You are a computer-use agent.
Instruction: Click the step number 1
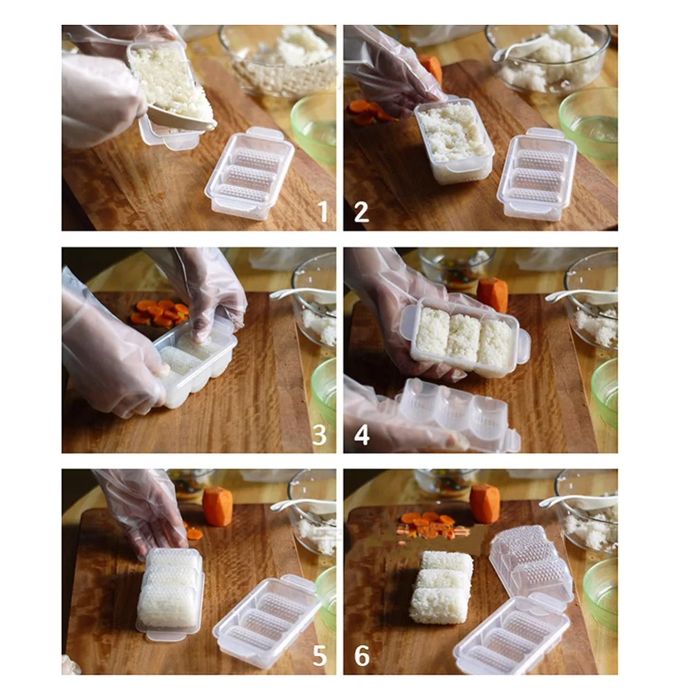[x=323, y=211]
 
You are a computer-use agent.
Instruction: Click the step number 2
[x=361, y=212]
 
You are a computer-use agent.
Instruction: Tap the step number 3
[x=319, y=435]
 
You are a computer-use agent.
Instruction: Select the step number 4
[x=361, y=435]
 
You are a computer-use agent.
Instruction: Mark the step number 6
[x=362, y=656]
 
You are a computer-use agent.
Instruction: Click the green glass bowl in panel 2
[x=589, y=124]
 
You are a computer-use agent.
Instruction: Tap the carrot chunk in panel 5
[x=217, y=507]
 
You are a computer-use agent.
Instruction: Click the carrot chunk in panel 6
[x=484, y=503]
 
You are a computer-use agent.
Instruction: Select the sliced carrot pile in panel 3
[x=160, y=313]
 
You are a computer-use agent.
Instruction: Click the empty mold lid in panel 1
[x=249, y=174]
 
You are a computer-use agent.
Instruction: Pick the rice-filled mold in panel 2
[x=454, y=140]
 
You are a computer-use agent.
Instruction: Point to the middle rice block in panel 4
[x=462, y=337]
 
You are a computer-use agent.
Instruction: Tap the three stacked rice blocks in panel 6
[x=442, y=587]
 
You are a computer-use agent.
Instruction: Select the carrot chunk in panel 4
[x=493, y=294]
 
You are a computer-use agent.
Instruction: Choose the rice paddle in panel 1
[x=176, y=115]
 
